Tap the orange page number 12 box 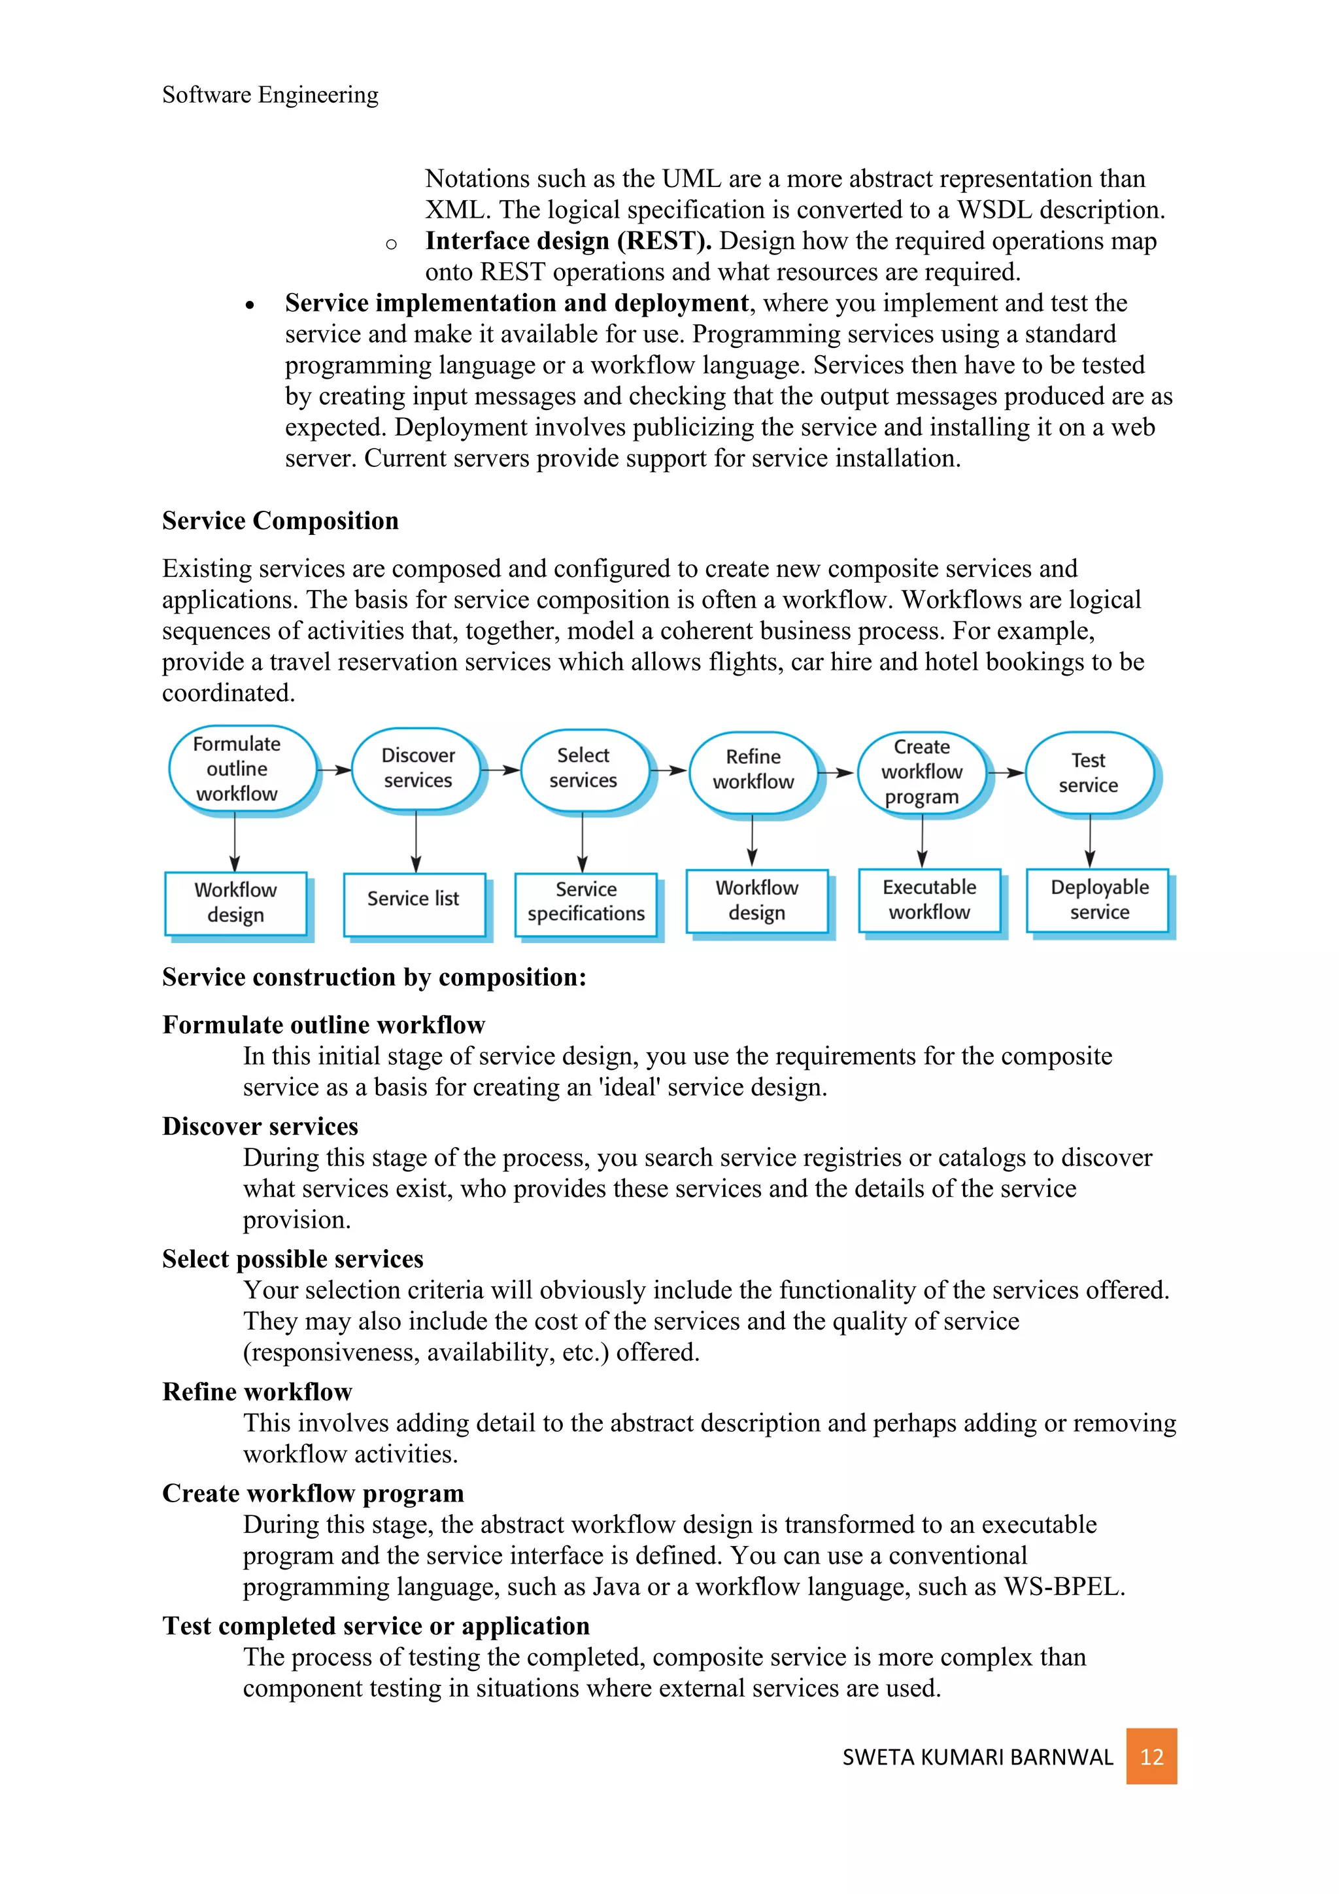coord(1150,1756)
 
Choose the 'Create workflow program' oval coord(921,771)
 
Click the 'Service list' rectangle coord(414,903)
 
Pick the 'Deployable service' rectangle coord(1098,900)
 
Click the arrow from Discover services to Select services coord(500,770)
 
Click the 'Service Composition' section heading coord(280,521)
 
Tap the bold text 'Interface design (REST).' coord(568,241)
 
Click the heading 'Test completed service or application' coord(375,1626)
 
